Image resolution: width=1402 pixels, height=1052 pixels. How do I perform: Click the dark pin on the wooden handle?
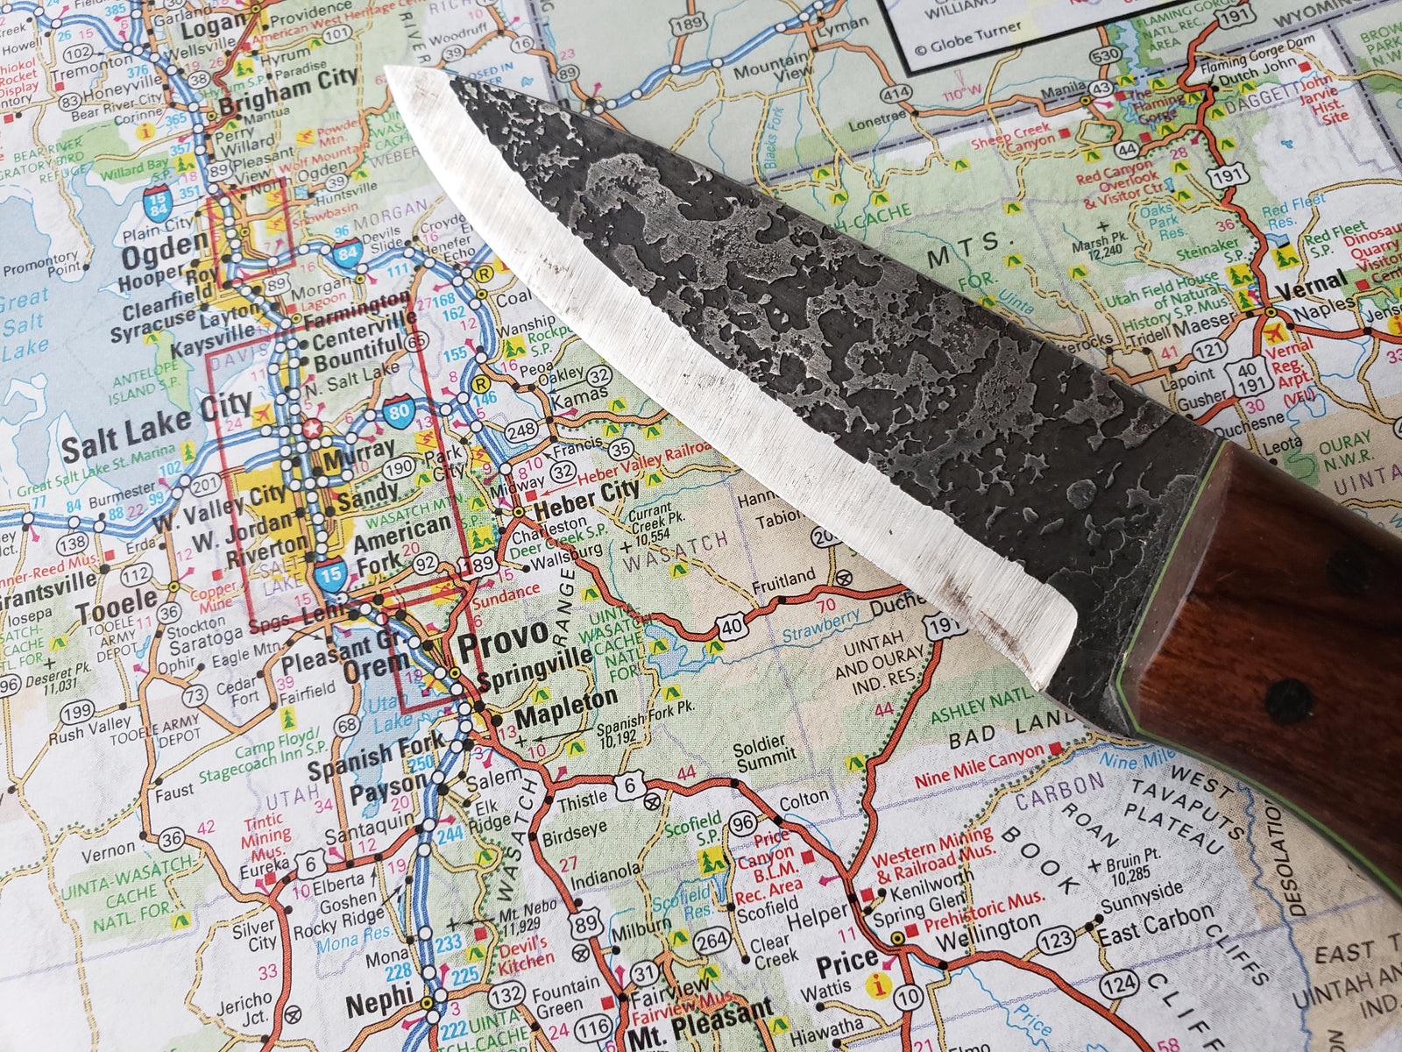[x=1287, y=700]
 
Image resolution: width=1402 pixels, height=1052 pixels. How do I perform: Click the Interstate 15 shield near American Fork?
[x=330, y=574]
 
